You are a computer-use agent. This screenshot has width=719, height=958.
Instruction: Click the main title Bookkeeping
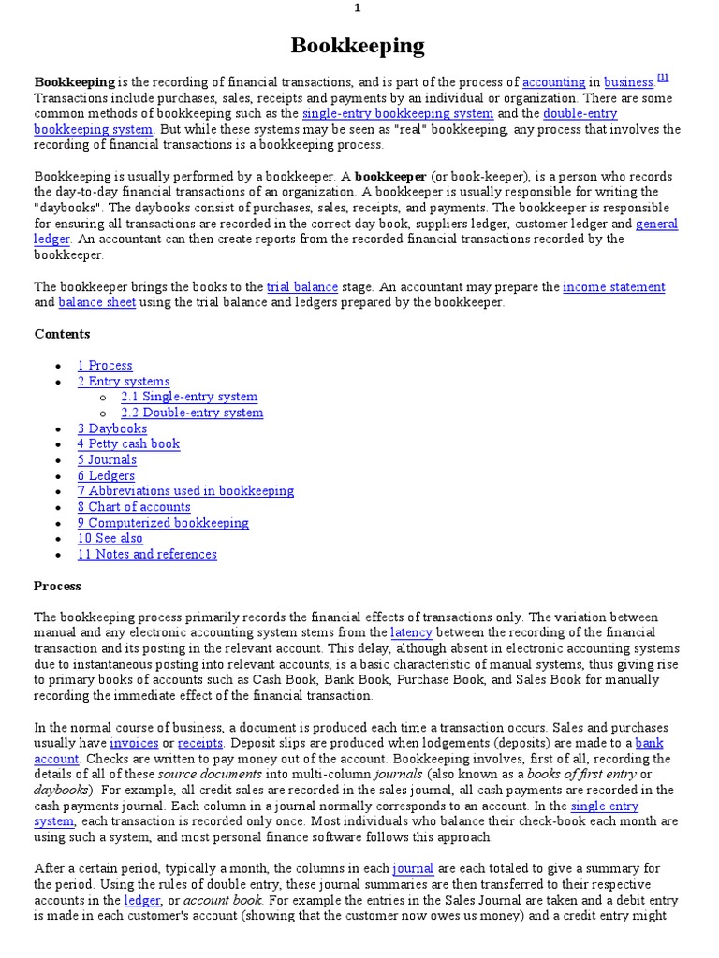tap(358, 46)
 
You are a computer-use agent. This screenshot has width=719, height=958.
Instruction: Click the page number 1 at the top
tap(357, 8)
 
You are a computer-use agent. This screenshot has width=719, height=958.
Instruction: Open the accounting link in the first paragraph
tap(553, 82)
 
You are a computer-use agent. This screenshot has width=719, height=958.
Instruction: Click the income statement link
tap(614, 287)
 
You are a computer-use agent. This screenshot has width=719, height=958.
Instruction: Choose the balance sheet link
tap(97, 302)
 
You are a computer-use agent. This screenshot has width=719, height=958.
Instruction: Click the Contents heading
tap(62, 334)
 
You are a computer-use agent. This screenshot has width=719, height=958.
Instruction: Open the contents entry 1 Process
tap(105, 366)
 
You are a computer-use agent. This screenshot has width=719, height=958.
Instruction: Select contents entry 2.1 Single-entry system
tap(189, 397)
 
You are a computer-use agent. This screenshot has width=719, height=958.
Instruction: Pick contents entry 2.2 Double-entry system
tap(192, 413)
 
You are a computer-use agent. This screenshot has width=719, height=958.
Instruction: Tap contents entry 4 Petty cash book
tap(128, 444)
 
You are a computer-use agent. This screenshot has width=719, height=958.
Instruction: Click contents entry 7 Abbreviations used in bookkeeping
tap(185, 491)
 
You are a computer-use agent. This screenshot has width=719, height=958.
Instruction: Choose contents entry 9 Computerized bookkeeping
tap(163, 523)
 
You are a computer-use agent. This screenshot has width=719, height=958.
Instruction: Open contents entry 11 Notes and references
tap(147, 554)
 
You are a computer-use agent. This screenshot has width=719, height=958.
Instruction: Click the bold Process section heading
tap(57, 586)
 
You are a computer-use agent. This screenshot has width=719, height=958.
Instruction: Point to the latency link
tap(411, 632)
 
